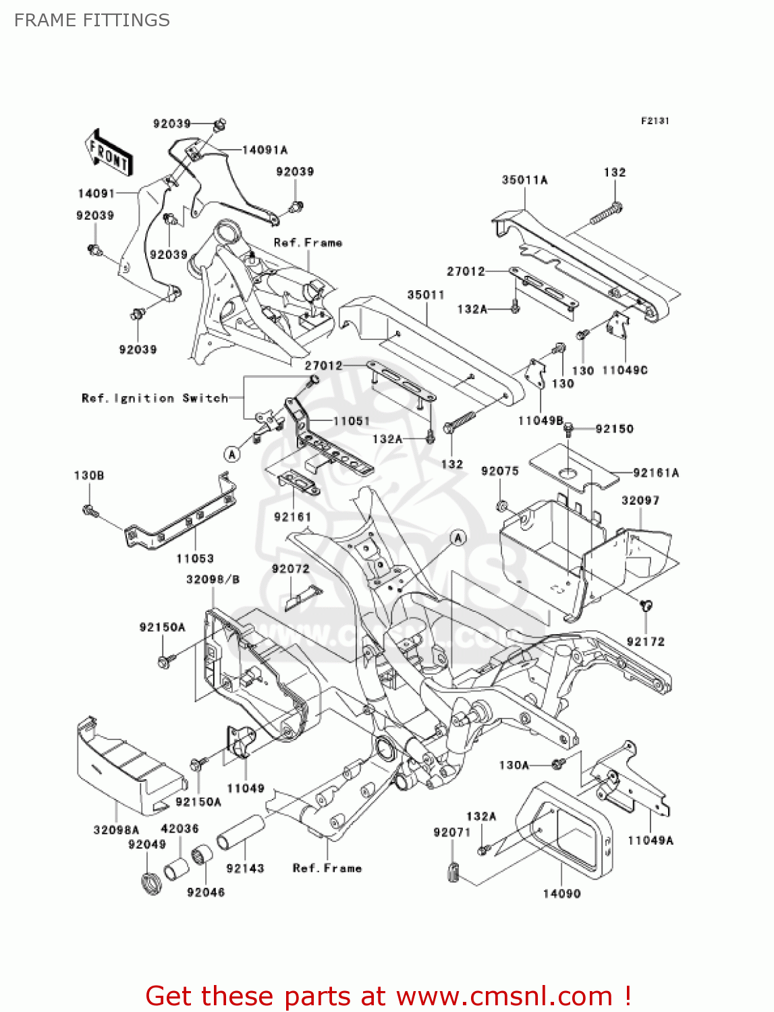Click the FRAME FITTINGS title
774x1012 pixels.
pos(92,20)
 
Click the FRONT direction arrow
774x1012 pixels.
pos(108,153)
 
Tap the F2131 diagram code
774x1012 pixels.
pos(655,121)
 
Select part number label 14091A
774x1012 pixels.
pos(265,150)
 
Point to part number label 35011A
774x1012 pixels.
pos(524,180)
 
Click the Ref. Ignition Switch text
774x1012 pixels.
pos(155,398)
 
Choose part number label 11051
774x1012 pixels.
pos(352,421)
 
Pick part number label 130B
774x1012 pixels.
pos(89,476)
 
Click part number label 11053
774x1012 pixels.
pos(195,559)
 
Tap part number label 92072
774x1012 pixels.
pos(291,569)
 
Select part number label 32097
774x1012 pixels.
pos(640,501)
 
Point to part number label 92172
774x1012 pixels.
pos(646,642)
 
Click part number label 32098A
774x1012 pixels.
pos(116,830)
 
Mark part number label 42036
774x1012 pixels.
pos(179,828)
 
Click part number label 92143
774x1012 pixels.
pos(245,868)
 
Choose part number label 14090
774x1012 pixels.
pos(561,893)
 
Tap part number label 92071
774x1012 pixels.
pos(451,833)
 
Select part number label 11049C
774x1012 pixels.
pos(624,370)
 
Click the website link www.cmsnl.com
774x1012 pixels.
pos(503,996)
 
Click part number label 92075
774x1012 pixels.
pos(500,471)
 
